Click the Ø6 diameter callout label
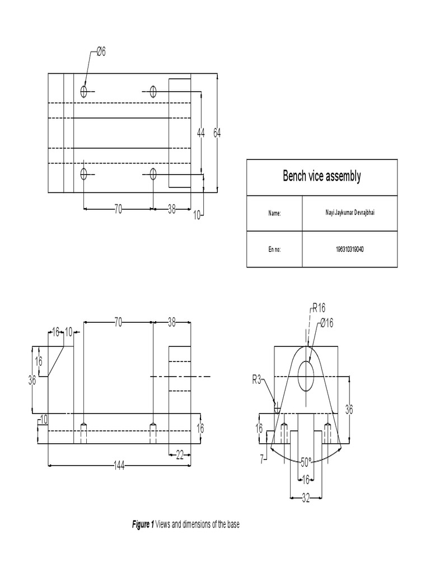coord(101,52)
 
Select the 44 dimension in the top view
coord(201,133)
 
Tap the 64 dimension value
coord(217,133)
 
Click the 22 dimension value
coord(180,455)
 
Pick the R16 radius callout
coord(319,307)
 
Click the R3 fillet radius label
coord(256,380)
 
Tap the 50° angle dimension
coord(306,462)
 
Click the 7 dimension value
coord(261,459)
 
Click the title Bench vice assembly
coord(321,177)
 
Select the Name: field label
coord(274,213)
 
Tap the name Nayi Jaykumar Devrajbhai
coord(349,213)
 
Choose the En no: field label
coord(274,249)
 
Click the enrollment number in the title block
coord(349,249)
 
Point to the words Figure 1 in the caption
coord(143,524)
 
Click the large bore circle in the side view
coord(306,375)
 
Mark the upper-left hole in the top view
coord(84,91)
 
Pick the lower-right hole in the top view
coord(152,174)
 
